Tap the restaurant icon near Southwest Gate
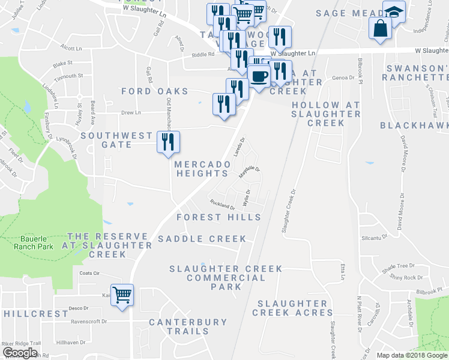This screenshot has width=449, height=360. tap(168, 142)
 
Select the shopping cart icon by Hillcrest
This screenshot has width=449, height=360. tap(122, 295)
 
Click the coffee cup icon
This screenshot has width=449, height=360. tap(259, 77)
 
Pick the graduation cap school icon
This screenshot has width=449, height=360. tap(394, 11)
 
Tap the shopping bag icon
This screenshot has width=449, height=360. tap(381, 28)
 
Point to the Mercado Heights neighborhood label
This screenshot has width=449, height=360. tap(202, 169)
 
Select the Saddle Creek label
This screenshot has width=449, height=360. tap(202, 239)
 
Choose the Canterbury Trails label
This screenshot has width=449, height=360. tap(188, 326)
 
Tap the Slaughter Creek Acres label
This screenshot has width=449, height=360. tap(292, 308)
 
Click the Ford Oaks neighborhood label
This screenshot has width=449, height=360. tap(155, 91)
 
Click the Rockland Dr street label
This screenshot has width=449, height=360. tap(223, 205)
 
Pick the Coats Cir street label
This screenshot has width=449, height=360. tap(88, 273)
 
